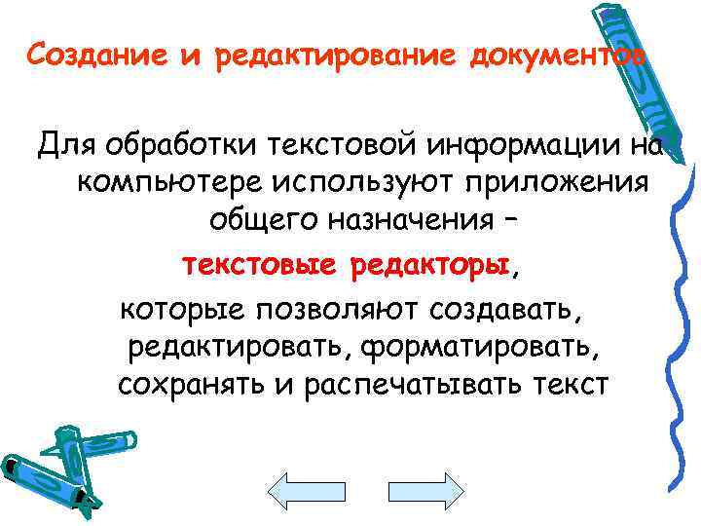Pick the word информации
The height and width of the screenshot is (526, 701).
[x=517, y=146]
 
